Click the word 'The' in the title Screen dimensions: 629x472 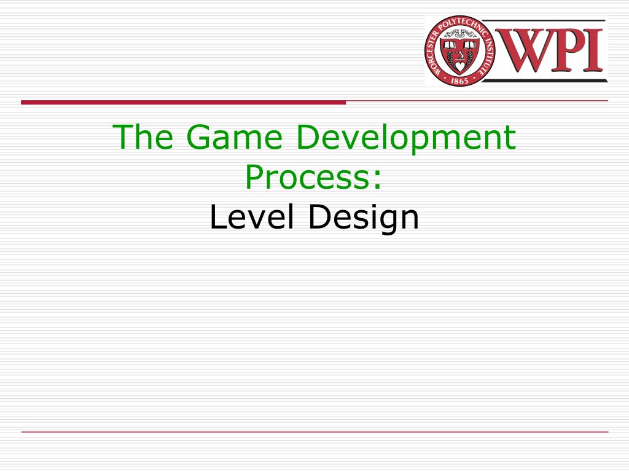click(x=143, y=136)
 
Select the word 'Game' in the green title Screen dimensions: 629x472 click(x=235, y=136)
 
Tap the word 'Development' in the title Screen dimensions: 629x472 click(x=406, y=139)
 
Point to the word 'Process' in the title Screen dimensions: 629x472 click(x=307, y=178)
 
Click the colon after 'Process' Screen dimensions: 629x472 click(x=377, y=181)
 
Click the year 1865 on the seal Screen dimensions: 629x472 click(x=459, y=81)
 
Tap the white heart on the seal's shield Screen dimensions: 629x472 click(x=459, y=65)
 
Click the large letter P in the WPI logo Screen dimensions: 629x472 click(x=567, y=50)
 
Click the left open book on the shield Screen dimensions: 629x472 click(x=449, y=45)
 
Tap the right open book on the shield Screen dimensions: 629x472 click(x=470, y=45)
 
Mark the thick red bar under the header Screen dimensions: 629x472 click(x=183, y=103)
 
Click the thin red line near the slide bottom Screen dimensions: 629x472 click(x=314, y=432)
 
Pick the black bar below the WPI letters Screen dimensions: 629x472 click(x=545, y=81)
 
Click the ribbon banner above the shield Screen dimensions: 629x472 click(x=459, y=34)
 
